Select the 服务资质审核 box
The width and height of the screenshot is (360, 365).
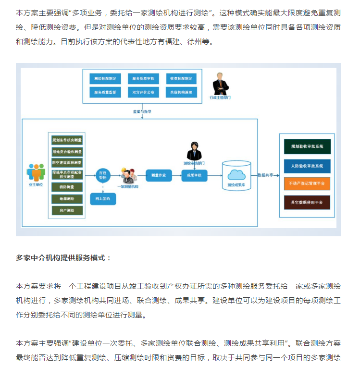point(143,78)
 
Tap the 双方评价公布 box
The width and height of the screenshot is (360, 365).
point(143,91)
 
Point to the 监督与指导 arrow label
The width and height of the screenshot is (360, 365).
point(142,111)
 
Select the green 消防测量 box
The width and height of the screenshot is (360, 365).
point(67,187)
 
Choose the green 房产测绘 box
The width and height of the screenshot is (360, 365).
point(67,210)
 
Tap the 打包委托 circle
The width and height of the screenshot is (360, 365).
point(102,174)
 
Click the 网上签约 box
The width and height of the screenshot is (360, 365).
point(103,198)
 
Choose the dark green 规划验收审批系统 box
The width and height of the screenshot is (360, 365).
point(307,146)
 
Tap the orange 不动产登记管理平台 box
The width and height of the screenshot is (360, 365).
point(307,183)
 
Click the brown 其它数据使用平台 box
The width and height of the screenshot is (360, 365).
point(307,202)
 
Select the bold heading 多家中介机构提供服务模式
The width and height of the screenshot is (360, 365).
point(63,258)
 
